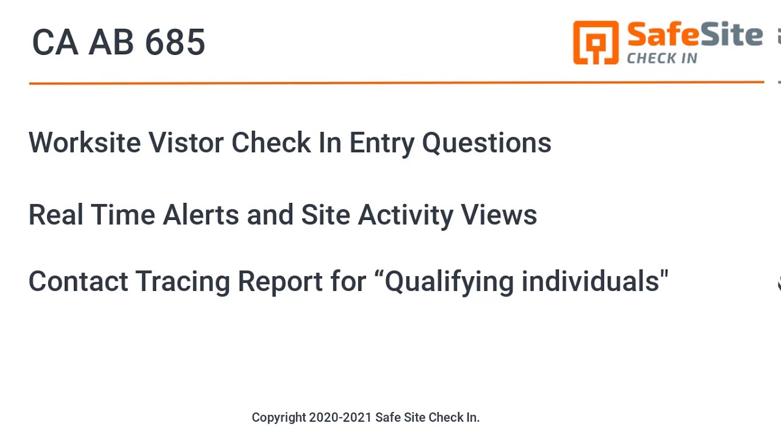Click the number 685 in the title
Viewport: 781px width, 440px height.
pos(175,43)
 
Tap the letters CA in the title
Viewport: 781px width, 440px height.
pos(55,43)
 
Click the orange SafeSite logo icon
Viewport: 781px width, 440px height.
pos(596,42)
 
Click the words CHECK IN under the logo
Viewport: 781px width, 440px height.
pos(662,59)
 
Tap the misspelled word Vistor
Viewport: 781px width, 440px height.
pos(186,142)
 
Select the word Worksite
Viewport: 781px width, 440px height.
pos(85,142)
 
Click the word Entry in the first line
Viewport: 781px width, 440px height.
pos(381,142)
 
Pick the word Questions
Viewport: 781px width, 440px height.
pos(486,143)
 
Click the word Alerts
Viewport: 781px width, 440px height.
pos(201,215)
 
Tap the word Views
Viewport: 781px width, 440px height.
pos(498,215)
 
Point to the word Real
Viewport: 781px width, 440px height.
pos(56,215)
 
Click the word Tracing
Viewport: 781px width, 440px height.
pos(182,282)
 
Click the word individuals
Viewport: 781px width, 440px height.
pos(589,282)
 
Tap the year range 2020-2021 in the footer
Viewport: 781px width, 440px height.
pos(340,417)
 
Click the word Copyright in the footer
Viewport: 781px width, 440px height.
pos(278,418)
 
